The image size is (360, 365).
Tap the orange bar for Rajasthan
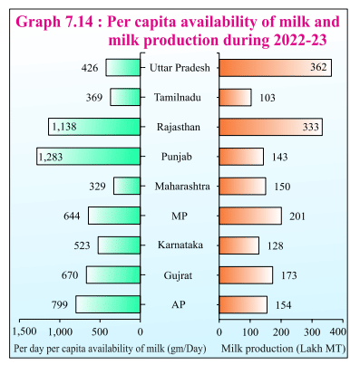258,127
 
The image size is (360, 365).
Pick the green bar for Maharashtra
127,186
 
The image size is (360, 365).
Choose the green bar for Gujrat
113,274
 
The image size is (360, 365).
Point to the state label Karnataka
180,245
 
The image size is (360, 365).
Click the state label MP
180,216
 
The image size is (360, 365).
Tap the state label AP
180,303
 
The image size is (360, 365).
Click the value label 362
316,68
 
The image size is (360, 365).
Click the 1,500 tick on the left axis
24,332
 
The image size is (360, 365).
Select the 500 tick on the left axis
101,332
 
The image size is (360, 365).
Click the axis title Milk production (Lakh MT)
282,349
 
